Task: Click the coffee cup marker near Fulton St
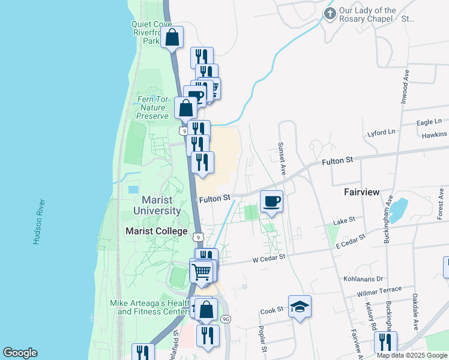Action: (x=271, y=200)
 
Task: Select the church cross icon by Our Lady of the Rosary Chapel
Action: (x=330, y=14)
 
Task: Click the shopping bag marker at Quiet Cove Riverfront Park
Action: (x=172, y=37)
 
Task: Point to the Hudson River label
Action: (x=38, y=221)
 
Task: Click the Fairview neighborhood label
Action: (x=361, y=192)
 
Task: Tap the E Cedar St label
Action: (x=351, y=241)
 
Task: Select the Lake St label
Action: (x=345, y=221)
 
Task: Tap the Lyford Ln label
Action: (x=382, y=131)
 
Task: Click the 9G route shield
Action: (x=226, y=319)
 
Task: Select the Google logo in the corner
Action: (x=20, y=353)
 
